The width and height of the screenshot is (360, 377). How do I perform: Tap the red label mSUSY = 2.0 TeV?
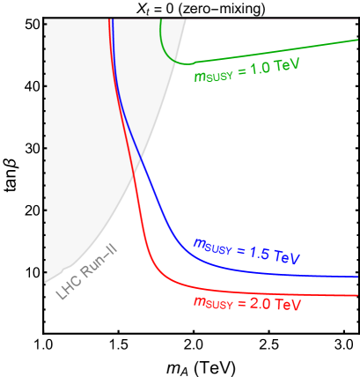[247, 304]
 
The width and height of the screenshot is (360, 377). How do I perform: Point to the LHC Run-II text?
[88, 275]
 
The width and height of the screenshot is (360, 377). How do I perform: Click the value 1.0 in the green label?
[261, 70]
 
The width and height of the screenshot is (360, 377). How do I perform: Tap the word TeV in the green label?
[288, 65]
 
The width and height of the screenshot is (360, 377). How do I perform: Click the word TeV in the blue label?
[286, 258]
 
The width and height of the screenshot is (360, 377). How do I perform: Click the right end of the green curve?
[358, 40]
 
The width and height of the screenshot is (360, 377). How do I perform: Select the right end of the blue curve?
[358, 277]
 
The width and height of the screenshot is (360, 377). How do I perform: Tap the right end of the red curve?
[358, 296]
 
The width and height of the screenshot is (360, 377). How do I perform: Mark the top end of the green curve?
[161, 20]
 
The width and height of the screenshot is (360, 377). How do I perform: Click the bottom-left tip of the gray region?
[44, 283]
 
